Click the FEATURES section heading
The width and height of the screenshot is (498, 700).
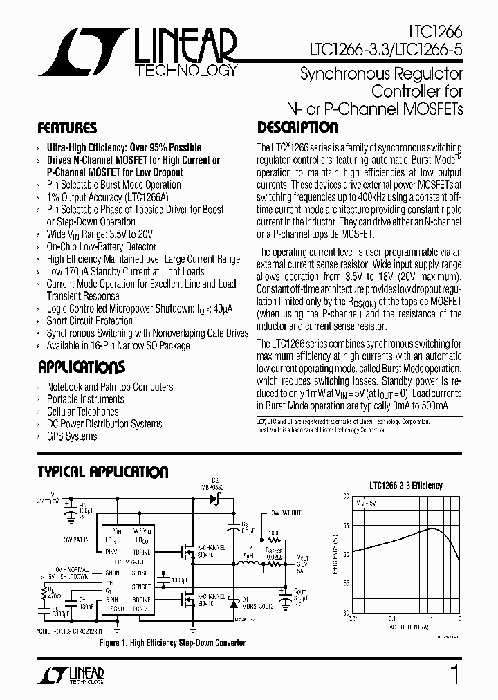point(67,128)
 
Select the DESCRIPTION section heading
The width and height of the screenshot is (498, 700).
point(297,128)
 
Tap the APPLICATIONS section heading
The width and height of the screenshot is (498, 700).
point(82,367)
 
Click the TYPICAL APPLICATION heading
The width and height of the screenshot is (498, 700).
point(102,472)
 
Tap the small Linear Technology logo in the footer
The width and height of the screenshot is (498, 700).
point(73,675)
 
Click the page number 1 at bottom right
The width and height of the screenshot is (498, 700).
point(454,674)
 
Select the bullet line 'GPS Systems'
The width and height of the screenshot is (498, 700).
point(72,436)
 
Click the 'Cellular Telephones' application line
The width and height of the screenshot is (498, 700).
point(82,412)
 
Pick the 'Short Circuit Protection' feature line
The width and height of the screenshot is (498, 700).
point(90,321)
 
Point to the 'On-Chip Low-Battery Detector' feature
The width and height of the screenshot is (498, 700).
point(102,247)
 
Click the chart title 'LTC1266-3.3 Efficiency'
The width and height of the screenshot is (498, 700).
point(406,486)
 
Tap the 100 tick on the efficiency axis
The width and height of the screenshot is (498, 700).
point(345,497)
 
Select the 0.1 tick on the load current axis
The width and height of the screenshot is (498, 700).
point(391,618)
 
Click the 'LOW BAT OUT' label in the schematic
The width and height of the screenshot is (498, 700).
point(284,513)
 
